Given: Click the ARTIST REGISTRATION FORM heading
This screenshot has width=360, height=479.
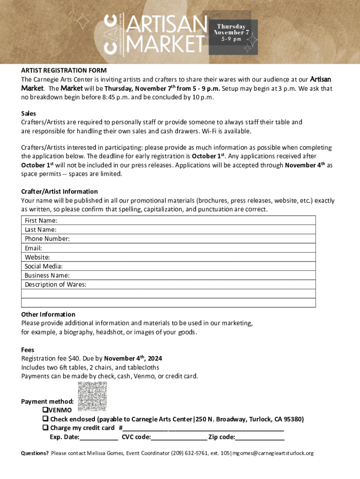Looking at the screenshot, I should pos(64,71).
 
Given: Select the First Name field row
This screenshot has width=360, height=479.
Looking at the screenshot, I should pos(168,220).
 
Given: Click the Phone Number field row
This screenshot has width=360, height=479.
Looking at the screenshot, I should pos(168,239).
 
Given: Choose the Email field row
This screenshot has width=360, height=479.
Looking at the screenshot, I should pos(168,248).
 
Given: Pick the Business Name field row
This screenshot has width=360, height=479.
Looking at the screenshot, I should pos(168,276).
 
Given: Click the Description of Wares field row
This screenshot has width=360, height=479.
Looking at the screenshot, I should pos(168,284).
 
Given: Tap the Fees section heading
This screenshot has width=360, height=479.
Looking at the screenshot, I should pos(28,350).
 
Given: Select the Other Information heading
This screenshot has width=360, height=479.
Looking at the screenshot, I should pos(48,314).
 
